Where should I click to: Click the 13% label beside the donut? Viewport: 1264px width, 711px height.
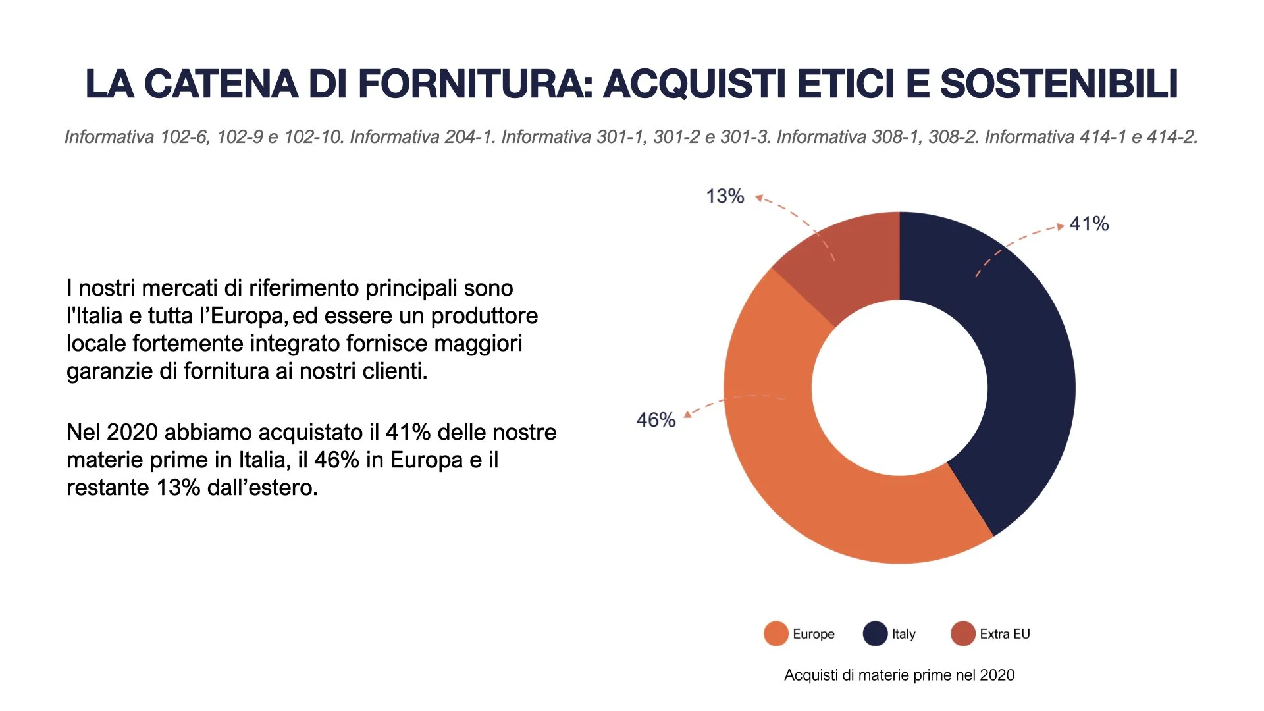click(x=725, y=196)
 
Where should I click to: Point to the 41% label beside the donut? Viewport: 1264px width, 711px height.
click(x=1089, y=224)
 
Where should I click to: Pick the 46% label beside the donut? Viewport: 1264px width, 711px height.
click(x=656, y=419)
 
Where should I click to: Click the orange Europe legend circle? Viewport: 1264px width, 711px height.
click(x=776, y=633)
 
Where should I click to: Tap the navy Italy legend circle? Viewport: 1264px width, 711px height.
click(x=875, y=633)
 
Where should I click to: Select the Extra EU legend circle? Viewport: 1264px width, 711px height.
click(x=962, y=633)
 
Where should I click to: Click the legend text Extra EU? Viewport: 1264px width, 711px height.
click(x=1005, y=634)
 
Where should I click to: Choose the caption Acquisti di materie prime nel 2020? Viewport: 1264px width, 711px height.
click(x=899, y=675)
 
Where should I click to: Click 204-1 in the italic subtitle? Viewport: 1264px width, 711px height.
click(x=470, y=137)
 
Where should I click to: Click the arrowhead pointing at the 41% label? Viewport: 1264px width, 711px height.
click(x=1060, y=226)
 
